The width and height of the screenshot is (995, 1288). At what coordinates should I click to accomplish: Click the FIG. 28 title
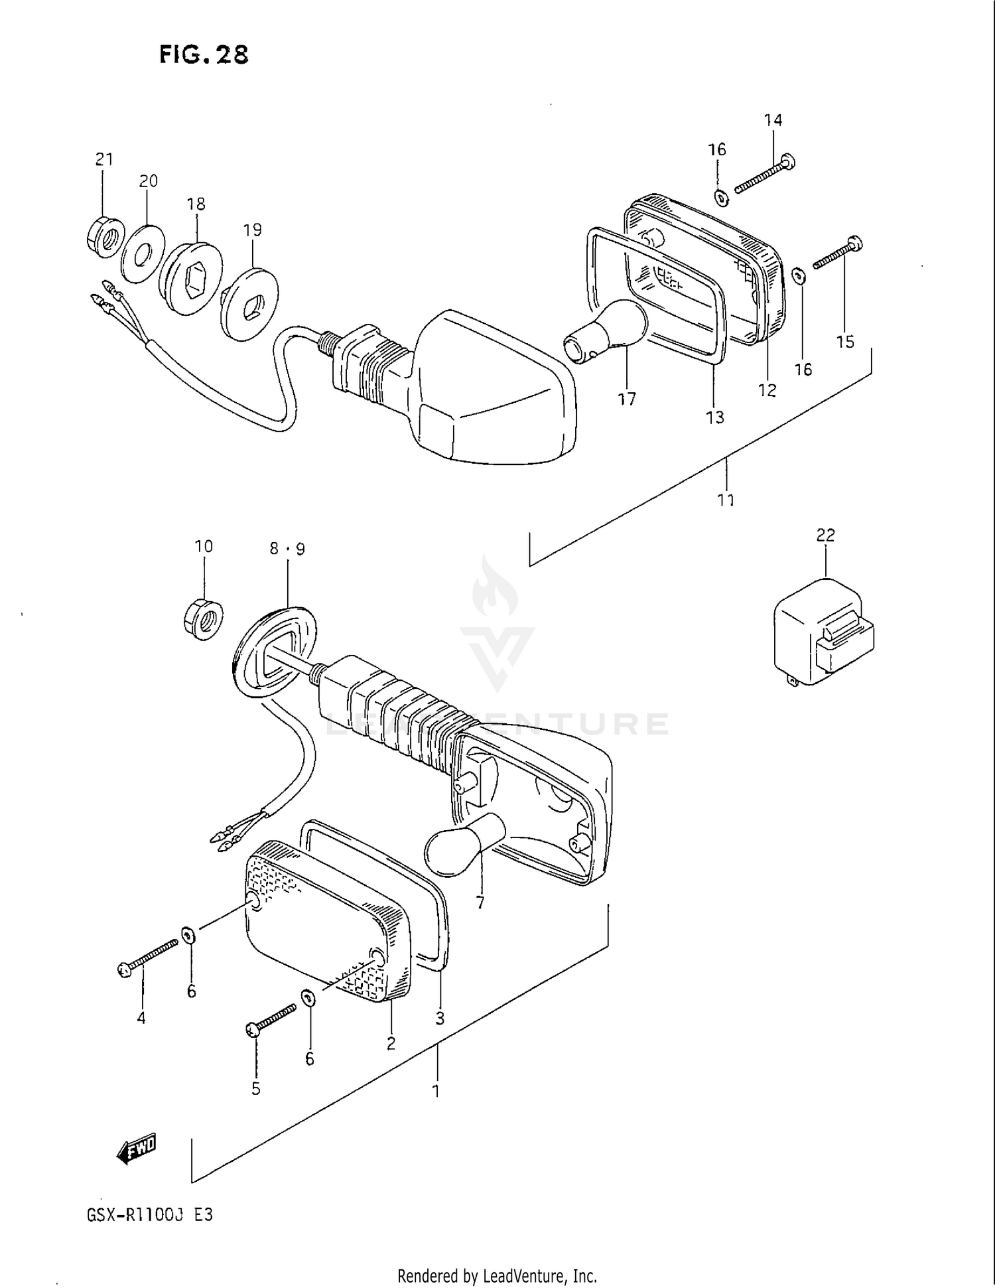[x=204, y=54]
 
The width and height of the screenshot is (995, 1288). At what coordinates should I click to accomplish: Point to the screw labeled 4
[x=150, y=957]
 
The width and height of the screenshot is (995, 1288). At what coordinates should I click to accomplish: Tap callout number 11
[x=726, y=500]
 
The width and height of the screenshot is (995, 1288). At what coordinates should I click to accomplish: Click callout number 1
[x=436, y=1090]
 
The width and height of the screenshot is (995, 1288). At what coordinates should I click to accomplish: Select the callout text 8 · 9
[x=287, y=549]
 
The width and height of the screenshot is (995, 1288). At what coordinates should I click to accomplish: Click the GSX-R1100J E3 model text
[x=150, y=1215]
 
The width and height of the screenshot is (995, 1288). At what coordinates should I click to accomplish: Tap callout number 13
[x=715, y=417]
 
